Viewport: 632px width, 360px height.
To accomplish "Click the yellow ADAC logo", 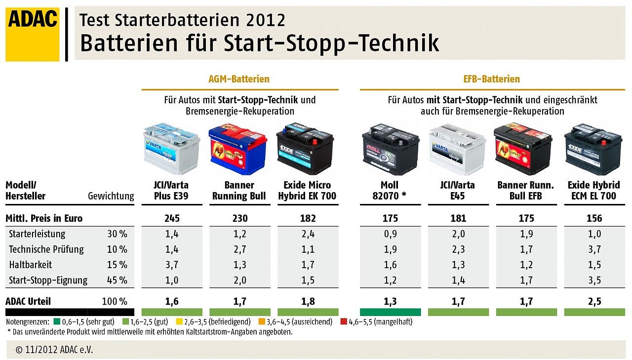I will tap(33, 34).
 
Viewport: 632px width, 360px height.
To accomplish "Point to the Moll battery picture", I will tap(390, 148).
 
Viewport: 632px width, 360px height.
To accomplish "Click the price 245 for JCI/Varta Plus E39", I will tap(172, 218).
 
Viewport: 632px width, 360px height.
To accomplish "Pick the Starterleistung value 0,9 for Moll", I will tap(390, 234).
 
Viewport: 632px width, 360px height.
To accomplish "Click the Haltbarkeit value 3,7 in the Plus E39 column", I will tap(172, 265).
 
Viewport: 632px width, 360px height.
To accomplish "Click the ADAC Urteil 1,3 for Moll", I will tap(390, 301).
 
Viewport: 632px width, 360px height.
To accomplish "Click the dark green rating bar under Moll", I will tap(390, 312).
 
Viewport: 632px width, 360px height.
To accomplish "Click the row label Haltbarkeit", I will tap(31, 265).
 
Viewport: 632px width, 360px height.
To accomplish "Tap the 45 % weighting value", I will tap(117, 280).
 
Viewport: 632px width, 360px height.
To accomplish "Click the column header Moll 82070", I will tap(390, 191).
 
